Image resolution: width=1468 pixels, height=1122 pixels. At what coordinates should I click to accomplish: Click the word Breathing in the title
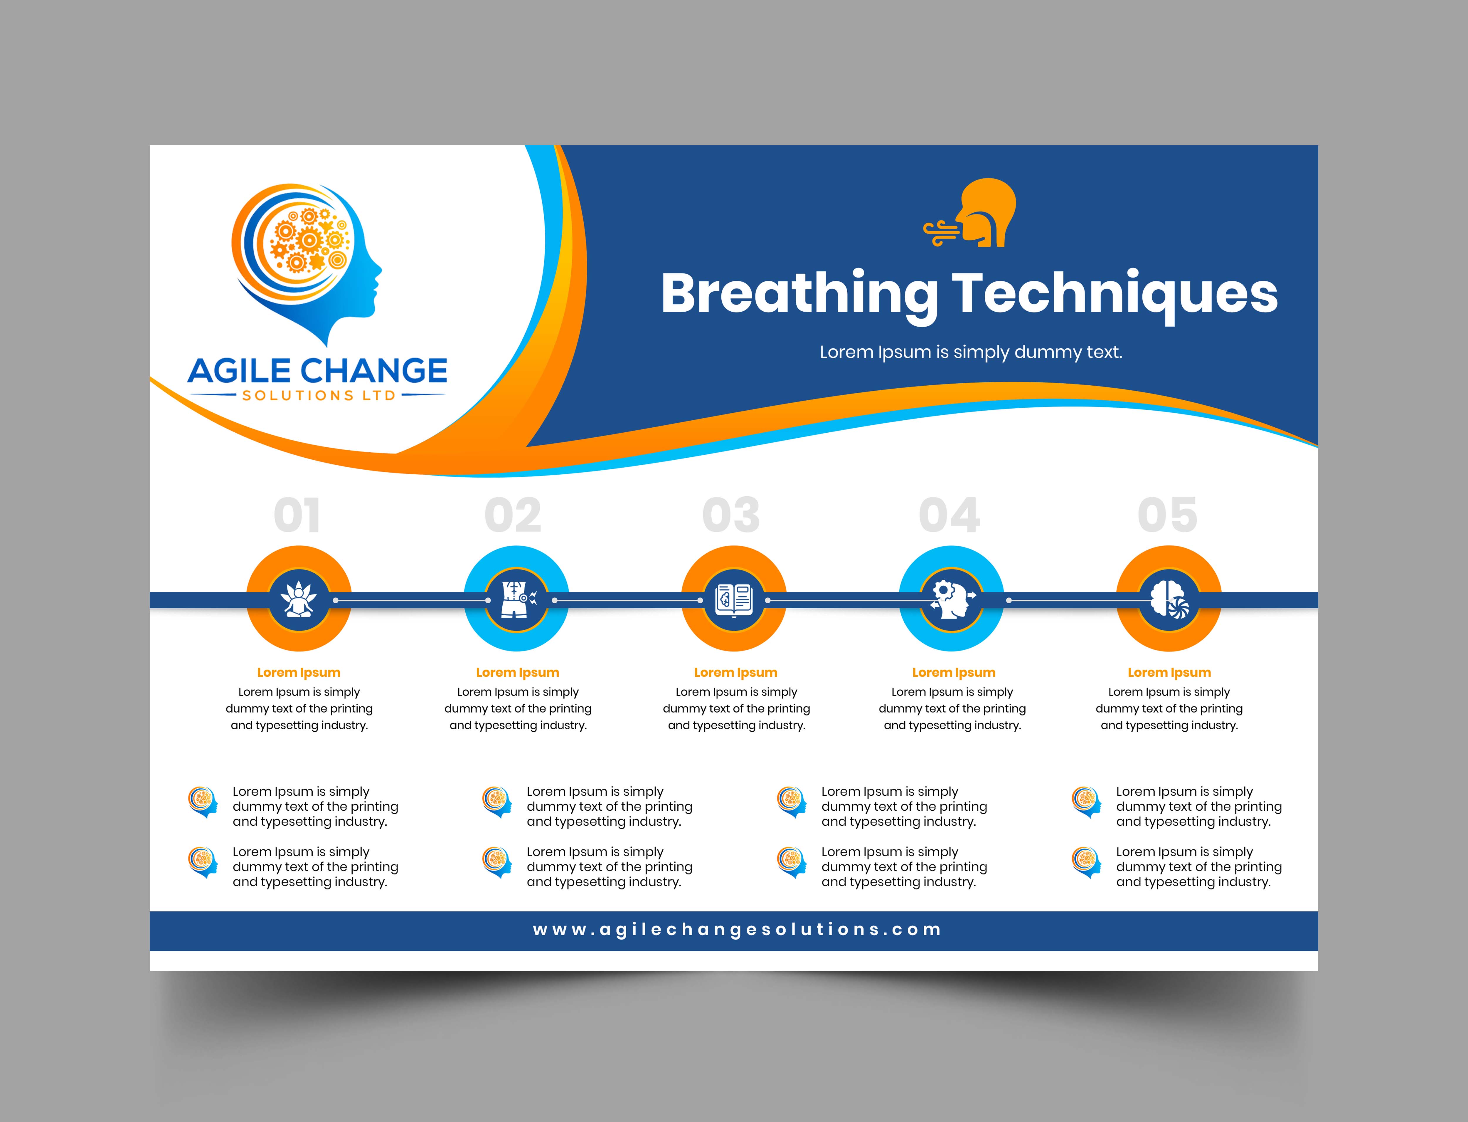[800, 294]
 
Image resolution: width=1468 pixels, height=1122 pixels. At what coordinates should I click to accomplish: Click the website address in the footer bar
[737, 930]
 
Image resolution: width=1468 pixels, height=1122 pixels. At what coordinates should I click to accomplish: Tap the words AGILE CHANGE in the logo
[318, 371]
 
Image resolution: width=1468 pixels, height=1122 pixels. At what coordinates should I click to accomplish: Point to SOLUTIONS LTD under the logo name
[319, 395]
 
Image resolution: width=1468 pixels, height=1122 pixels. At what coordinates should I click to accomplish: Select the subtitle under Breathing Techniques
[971, 352]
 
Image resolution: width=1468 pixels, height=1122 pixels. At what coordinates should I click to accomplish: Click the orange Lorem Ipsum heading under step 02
[517, 673]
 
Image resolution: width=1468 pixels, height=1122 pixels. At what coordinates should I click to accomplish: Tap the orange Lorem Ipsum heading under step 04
[953, 673]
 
